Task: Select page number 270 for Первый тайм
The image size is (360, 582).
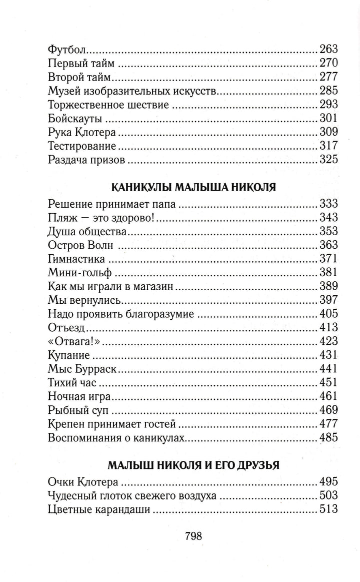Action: click(328, 63)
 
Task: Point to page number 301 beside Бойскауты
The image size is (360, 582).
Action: click(328, 119)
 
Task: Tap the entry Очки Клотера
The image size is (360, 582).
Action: click(82, 482)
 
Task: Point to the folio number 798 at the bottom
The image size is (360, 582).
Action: click(193, 536)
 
